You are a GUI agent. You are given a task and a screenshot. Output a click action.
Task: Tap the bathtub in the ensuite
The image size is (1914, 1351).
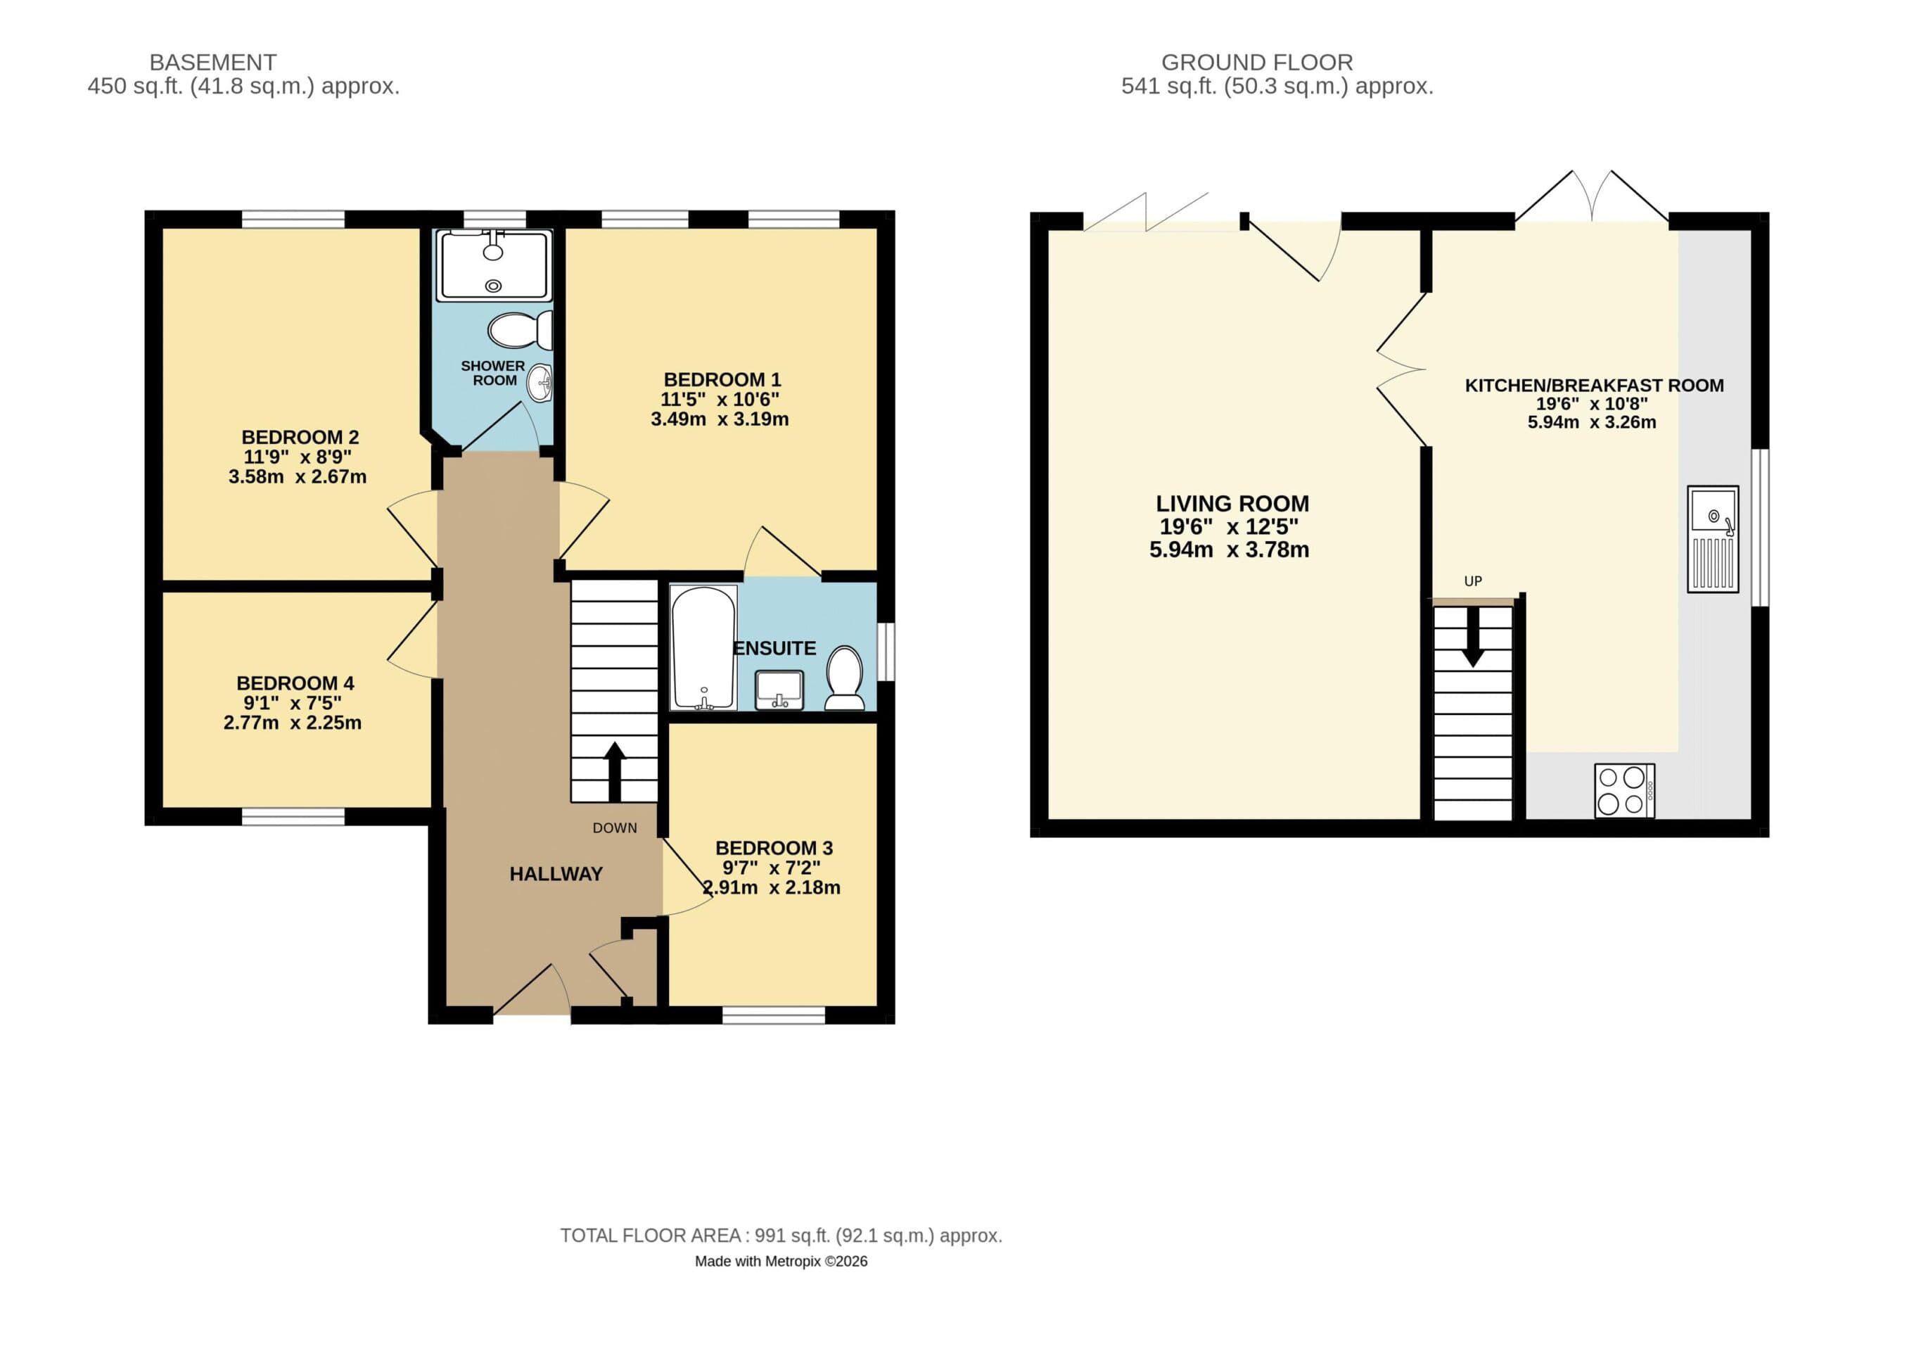(x=703, y=647)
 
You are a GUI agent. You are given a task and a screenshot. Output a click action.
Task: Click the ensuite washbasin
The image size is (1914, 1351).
(x=779, y=690)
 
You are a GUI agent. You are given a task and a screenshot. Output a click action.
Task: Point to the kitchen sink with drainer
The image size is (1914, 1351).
(x=1712, y=539)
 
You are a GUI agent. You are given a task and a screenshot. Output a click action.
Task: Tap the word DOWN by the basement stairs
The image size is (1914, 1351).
(x=614, y=828)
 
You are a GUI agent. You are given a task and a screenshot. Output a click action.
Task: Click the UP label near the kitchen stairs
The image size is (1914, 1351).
(x=1472, y=581)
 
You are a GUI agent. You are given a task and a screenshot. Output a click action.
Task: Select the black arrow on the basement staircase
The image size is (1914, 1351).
(x=614, y=770)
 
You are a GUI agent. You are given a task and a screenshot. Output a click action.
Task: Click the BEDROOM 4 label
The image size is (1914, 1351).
(x=295, y=683)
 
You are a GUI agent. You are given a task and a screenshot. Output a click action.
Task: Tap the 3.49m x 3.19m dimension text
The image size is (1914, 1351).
(x=720, y=419)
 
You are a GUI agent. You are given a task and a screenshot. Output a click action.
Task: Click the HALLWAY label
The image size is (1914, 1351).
(x=555, y=874)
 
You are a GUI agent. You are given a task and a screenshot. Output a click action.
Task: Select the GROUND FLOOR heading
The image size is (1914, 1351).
(x=1256, y=63)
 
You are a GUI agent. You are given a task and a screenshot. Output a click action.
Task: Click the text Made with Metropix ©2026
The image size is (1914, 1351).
(x=781, y=1262)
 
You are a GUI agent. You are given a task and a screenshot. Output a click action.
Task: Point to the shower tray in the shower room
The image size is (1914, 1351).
(x=494, y=265)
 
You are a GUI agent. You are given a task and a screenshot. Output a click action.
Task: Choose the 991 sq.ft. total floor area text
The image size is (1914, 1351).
(x=781, y=1236)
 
